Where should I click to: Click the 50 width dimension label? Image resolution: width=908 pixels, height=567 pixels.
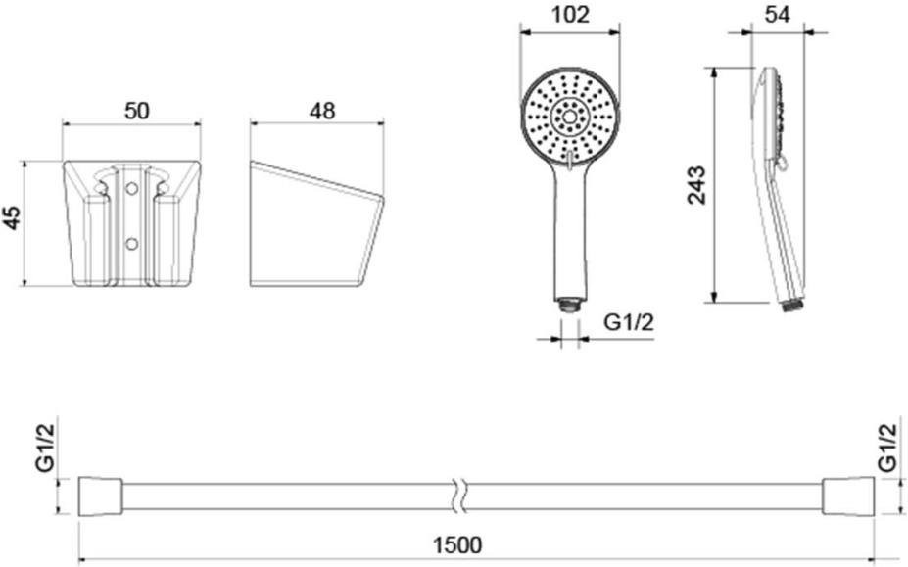[137, 111]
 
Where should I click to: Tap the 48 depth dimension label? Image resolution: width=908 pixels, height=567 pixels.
[322, 111]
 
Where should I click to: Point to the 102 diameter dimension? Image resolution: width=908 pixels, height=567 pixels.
[570, 15]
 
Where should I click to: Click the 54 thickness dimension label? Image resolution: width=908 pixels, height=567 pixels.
[777, 15]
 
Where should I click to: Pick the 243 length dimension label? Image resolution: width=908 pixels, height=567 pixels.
[696, 185]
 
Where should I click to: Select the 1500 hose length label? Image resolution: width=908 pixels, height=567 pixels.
[457, 545]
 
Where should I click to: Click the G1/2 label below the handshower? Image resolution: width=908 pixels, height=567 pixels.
[629, 321]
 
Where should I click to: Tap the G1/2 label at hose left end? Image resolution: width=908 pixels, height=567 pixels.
[47, 448]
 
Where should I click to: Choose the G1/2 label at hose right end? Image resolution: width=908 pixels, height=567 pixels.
[887, 448]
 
